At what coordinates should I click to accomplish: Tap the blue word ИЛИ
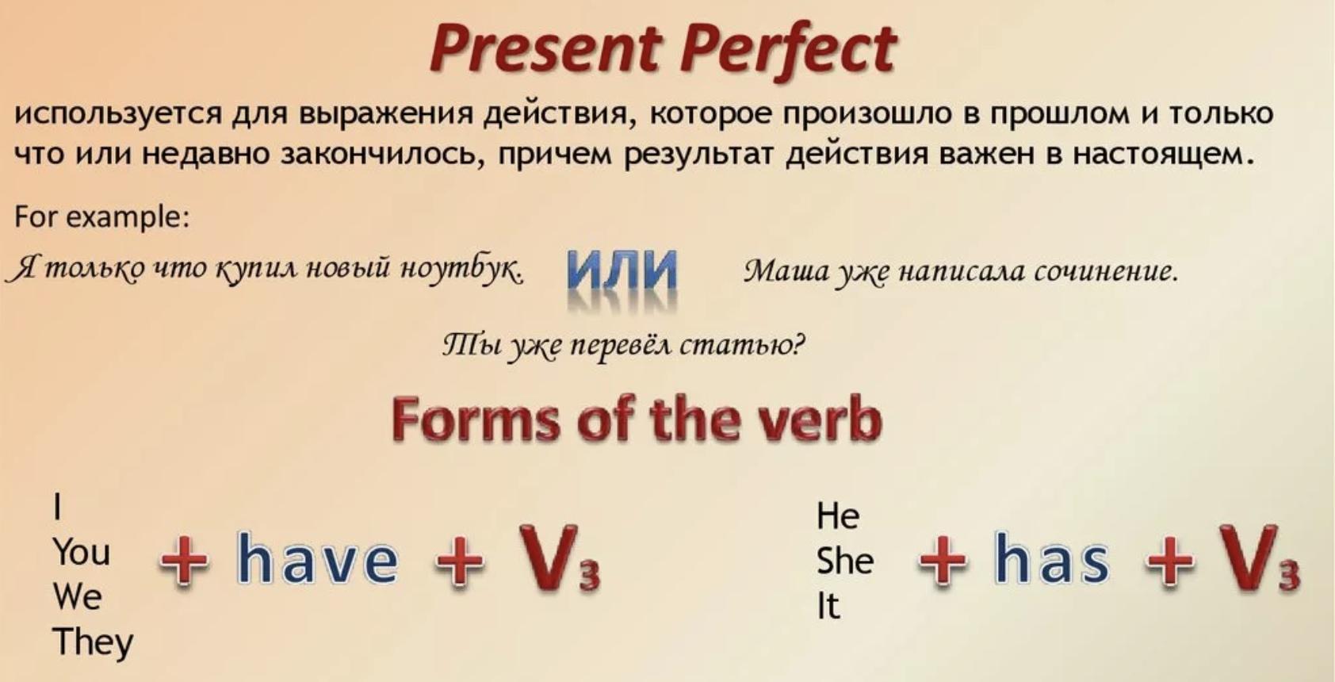pyautogui.click(x=622, y=270)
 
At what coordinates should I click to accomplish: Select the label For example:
pyautogui.click(x=102, y=217)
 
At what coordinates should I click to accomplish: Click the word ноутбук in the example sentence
pyautogui.click(x=462, y=270)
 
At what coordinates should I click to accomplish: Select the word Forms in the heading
pyautogui.click(x=476, y=420)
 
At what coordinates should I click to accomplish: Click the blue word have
pyautogui.click(x=317, y=559)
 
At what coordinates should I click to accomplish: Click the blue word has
pyautogui.click(x=1052, y=559)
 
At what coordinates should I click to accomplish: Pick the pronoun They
pyautogui.click(x=94, y=643)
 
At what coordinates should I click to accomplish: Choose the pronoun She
pyautogui.click(x=845, y=561)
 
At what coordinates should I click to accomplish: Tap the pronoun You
pyautogui.click(x=82, y=552)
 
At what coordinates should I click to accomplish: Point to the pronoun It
pyautogui.click(x=828, y=607)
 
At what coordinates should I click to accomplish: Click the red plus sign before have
pyautogui.click(x=184, y=561)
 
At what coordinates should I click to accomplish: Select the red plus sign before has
pyautogui.click(x=943, y=561)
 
